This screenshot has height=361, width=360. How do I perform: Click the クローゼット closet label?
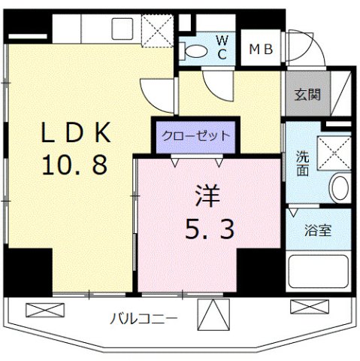195,136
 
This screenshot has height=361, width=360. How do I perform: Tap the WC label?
222,46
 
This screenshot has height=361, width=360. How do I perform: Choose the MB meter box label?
263,50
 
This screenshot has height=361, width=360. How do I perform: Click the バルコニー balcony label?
144,318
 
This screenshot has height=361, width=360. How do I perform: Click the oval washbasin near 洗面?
339,187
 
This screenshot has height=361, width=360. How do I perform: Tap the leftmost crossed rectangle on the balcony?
41,308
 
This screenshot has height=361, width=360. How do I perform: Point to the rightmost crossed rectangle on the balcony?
310,306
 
